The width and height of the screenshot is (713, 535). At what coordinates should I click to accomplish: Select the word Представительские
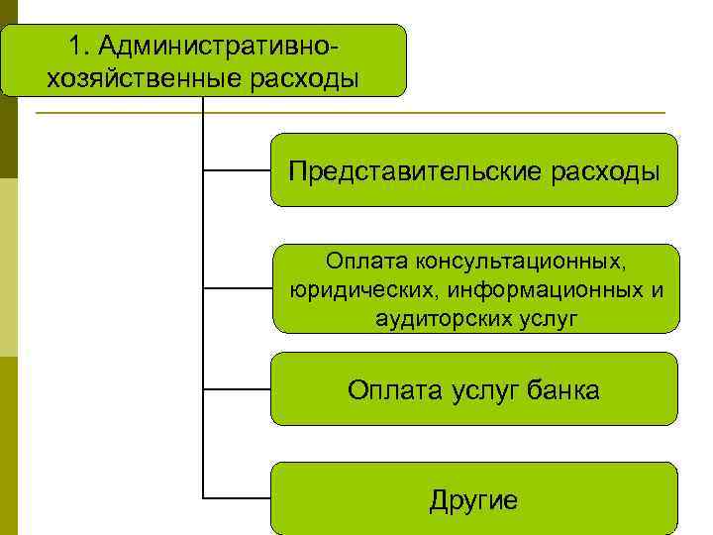click(x=414, y=170)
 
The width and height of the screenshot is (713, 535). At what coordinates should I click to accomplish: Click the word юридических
click(x=365, y=290)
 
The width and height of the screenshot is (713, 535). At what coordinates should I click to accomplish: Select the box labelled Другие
click(x=474, y=497)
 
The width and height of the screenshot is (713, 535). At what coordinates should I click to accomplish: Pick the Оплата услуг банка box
click(x=474, y=389)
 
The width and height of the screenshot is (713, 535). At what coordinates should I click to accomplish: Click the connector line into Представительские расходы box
click(x=237, y=170)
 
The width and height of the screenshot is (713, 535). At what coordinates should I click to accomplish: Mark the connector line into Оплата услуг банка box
click(x=237, y=389)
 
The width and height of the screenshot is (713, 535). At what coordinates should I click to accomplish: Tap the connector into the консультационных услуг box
click(x=237, y=289)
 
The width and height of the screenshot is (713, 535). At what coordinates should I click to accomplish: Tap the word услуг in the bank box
click(x=479, y=389)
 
